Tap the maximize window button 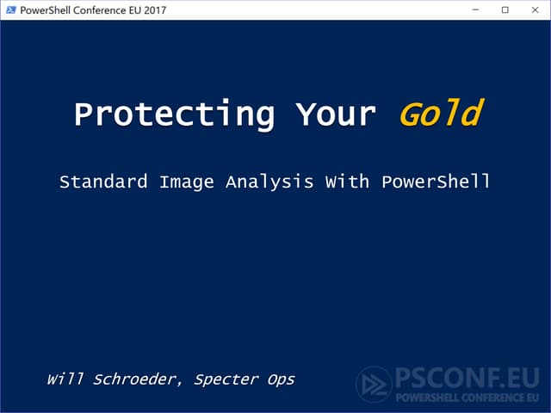[x=505, y=10]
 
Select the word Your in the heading [x=336, y=114]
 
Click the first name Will [x=65, y=379]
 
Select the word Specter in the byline [x=226, y=379]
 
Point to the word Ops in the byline [x=281, y=379]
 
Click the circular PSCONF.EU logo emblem [x=374, y=385]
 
